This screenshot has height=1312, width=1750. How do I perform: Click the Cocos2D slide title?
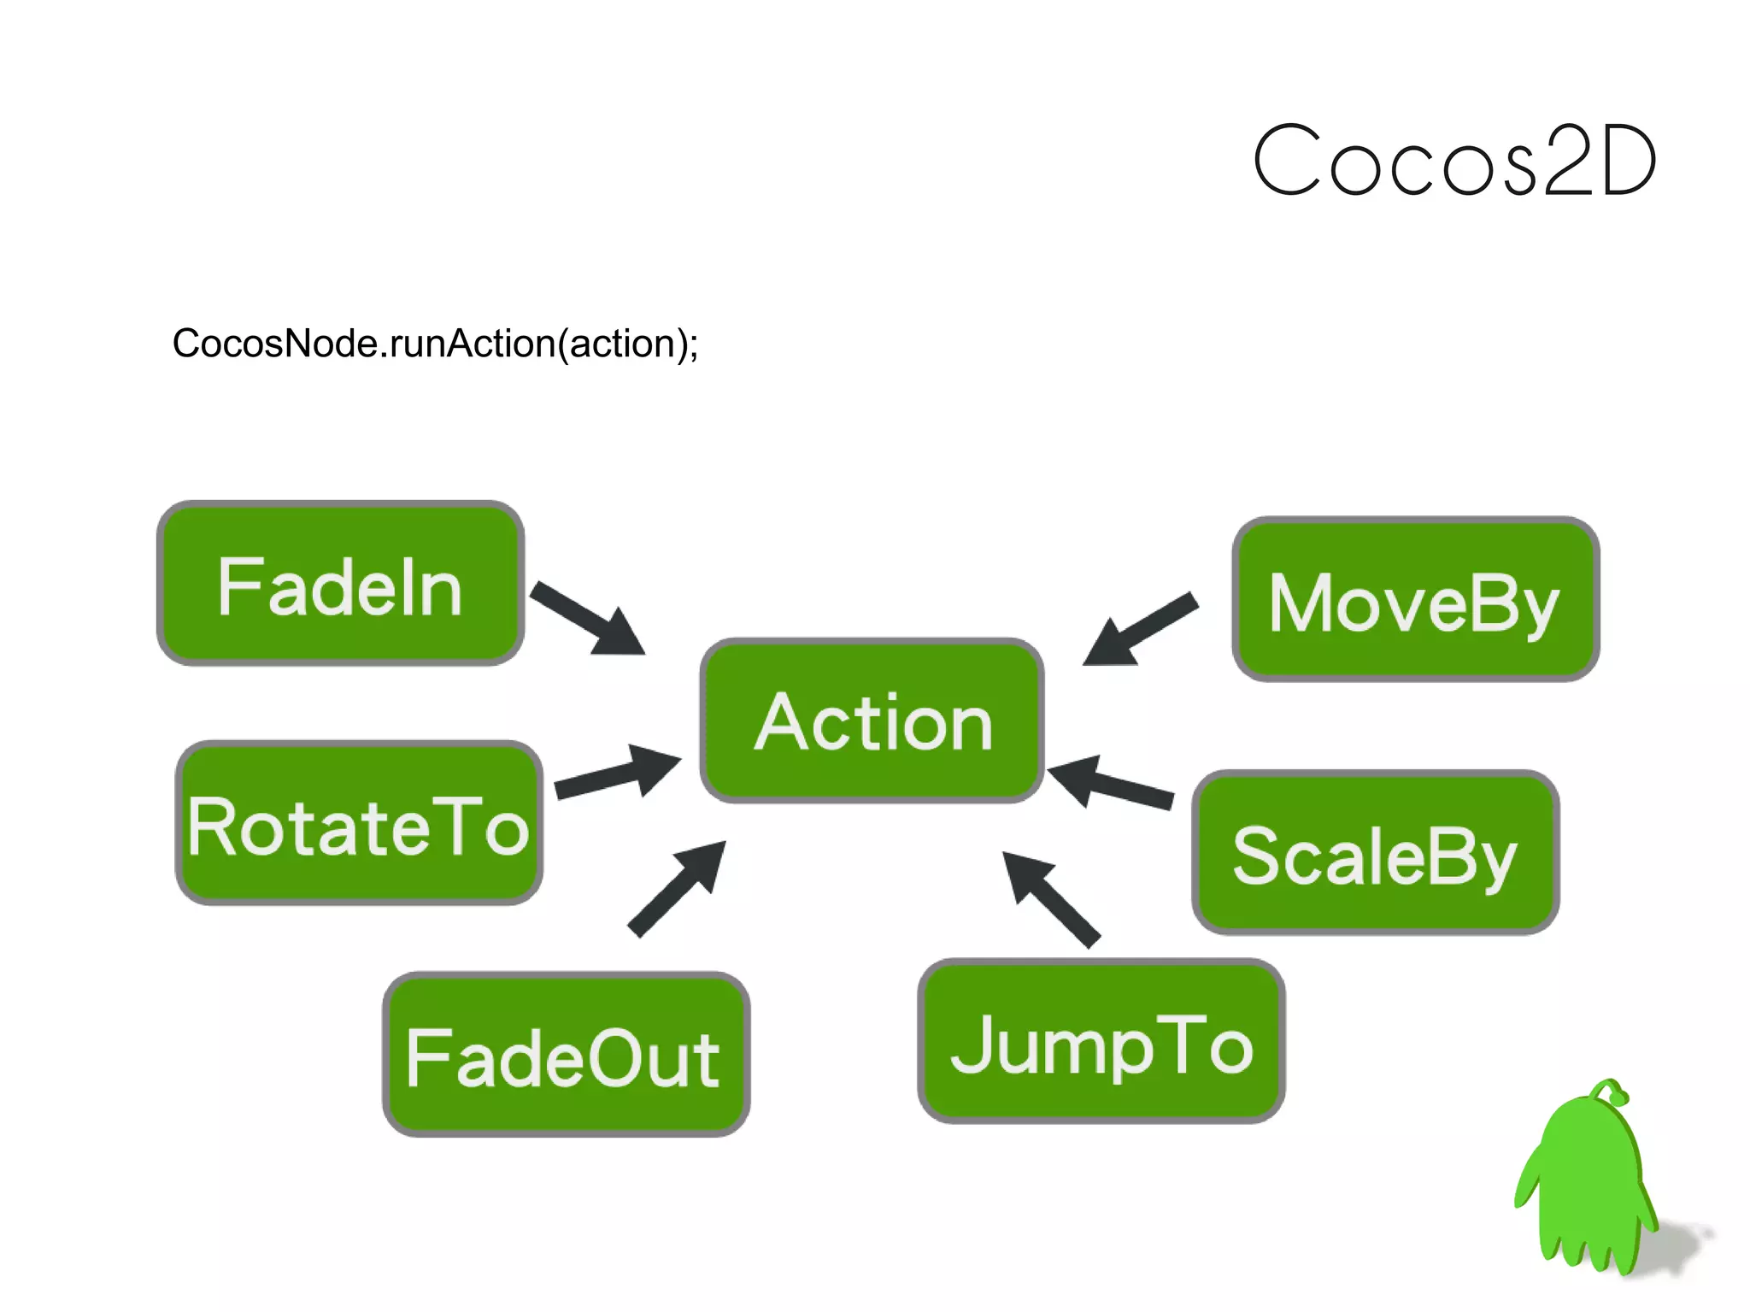[x=1454, y=161]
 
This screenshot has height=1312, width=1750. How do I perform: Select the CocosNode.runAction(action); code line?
[x=435, y=344]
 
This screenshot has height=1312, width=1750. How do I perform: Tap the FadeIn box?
[x=340, y=584]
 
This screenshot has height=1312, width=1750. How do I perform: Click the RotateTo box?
[x=359, y=823]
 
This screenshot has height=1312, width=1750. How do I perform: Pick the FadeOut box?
[x=566, y=1054]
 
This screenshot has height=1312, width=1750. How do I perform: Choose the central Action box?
[x=872, y=721]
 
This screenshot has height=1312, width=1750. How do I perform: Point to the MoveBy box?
[x=1415, y=599]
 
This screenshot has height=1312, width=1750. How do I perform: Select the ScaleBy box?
[x=1375, y=852]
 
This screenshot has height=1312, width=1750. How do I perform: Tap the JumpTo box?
[x=1101, y=1041]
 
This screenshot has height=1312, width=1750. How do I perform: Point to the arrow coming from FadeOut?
[x=678, y=888]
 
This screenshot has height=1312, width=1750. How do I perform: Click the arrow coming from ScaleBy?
[x=1110, y=782]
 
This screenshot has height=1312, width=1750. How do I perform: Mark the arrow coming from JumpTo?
[x=1051, y=898]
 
